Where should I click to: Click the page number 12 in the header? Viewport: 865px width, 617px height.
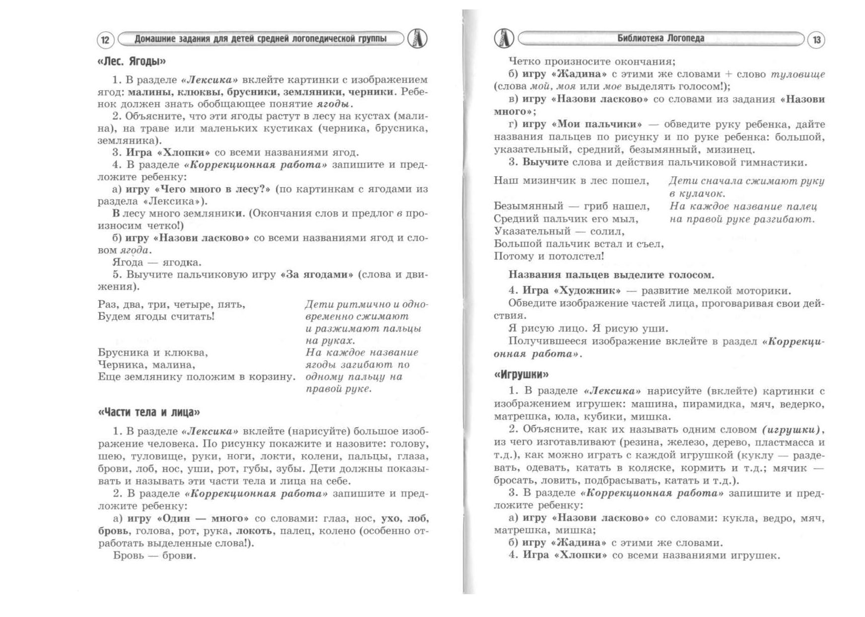coord(105,40)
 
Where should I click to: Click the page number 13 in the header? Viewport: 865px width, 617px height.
coord(816,40)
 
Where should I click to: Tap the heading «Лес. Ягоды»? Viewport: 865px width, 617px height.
coord(132,62)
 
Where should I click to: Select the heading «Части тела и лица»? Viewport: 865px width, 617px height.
coord(149,412)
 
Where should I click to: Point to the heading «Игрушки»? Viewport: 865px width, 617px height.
coord(521,374)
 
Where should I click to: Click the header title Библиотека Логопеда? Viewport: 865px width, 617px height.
coord(660,38)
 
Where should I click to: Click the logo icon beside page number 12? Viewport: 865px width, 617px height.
coord(417,38)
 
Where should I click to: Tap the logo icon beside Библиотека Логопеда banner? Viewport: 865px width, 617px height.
coord(504,38)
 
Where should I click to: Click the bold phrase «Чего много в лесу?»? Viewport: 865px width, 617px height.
coord(213,189)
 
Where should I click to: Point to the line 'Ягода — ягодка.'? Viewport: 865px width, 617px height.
coord(157,263)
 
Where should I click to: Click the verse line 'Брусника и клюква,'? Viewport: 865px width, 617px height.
coord(153,353)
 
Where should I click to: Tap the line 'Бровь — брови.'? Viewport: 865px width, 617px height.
coord(154,556)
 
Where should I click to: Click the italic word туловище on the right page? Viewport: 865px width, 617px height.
coord(797,74)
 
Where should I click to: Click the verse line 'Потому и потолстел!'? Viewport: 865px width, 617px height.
coord(549,257)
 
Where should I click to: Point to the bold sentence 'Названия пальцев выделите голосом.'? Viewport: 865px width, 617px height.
coord(611,275)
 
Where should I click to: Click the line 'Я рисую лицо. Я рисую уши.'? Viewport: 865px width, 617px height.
coord(588,329)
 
